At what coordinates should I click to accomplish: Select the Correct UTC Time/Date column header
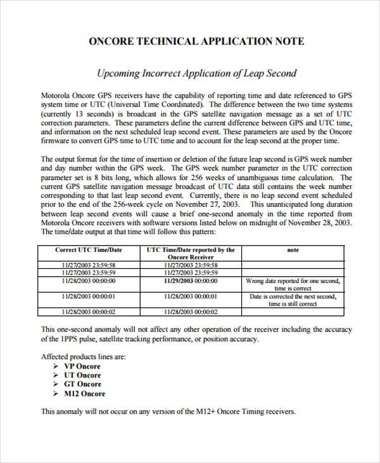(x=89, y=251)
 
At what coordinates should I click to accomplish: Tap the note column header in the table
(x=293, y=251)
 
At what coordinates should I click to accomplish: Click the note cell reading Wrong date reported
(x=293, y=284)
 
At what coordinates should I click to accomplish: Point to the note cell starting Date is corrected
(x=293, y=299)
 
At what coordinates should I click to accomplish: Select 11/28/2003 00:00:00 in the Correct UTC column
(x=89, y=280)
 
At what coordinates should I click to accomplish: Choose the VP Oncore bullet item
(x=82, y=366)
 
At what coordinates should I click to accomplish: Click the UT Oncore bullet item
(x=82, y=375)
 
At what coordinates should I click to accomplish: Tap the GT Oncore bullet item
(x=82, y=384)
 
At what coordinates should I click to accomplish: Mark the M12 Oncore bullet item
(x=84, y=393)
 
